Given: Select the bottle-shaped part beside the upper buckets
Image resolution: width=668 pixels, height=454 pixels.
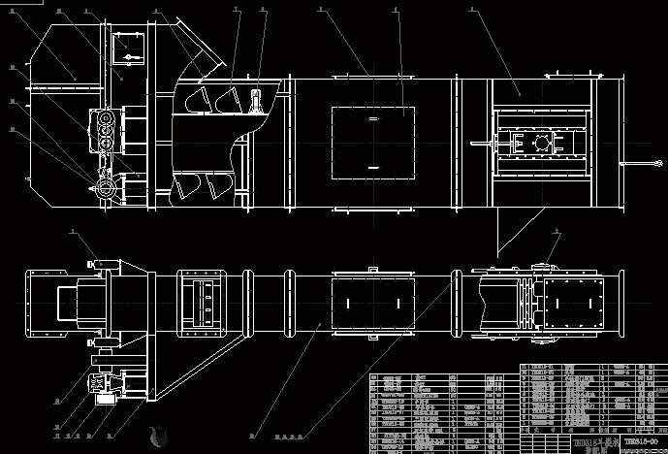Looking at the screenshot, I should tap(257, 101).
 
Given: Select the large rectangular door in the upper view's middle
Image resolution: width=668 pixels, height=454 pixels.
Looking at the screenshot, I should tap(374, 139).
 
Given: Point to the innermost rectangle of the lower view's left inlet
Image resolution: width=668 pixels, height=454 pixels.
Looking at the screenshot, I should tap(69, 302).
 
